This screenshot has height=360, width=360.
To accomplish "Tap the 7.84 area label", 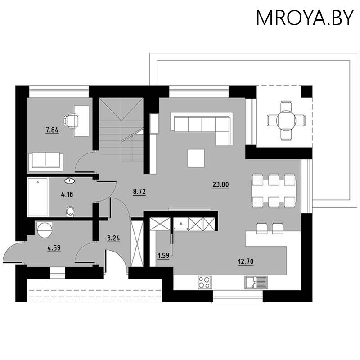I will [x=52, y=130].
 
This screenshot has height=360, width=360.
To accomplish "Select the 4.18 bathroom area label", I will [x=67, y=195].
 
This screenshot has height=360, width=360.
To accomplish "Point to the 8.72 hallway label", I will [x=139, y=192].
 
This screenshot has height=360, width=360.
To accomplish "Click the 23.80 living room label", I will [x=220, y=184].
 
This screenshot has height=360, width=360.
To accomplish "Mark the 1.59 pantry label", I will [x=162, y=256].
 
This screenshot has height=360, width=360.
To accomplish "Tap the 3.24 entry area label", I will [x=113, y=238].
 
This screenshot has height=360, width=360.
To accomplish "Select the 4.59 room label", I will [x=54, y=247].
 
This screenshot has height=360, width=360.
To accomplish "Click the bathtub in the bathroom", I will [x=38, y=198].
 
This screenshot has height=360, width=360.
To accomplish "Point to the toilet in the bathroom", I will [x=70, y=211].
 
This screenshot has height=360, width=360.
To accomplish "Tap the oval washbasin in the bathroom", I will [x=71, y=181].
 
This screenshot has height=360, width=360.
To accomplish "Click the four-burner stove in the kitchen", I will [x=205, y=282].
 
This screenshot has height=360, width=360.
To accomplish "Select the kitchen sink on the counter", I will [x=256, y=282].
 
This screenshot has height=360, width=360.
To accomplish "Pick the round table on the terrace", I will [x=286, y=120].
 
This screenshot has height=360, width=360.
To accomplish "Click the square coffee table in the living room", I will [x=196, y=158].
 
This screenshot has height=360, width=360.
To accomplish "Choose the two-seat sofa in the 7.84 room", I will [x=45, y=161].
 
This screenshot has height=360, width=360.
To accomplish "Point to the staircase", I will [x=121, y=130].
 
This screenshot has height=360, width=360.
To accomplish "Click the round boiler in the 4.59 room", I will [x=45, y=229].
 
